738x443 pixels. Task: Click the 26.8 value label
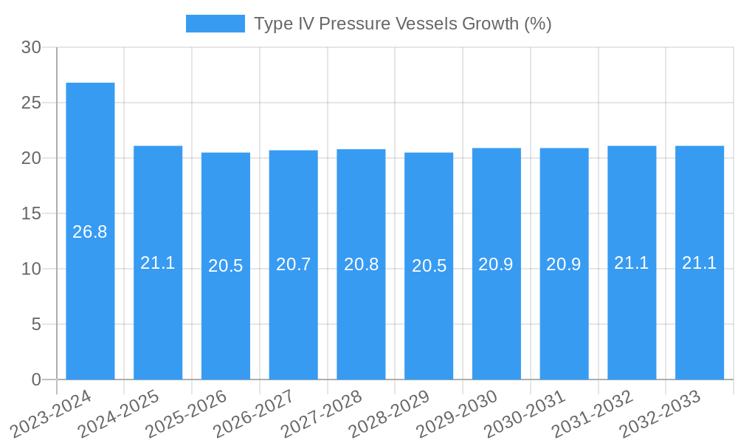[x=90, y=232]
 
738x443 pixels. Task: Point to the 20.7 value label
[x=293, y=264]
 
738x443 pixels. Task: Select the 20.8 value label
[x=361, y=264]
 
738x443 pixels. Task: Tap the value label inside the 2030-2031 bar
[x=564, y=264]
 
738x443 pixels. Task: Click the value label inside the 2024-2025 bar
[x=158, y=263]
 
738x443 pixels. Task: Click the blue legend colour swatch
[x=215, y=24]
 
